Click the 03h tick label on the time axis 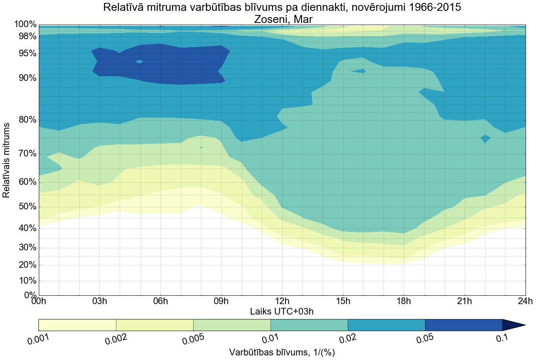click(99, 302)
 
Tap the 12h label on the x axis click(282, 302)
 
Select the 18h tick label click(403, 302)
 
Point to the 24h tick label click(525, 302)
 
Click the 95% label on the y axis click(26, 54)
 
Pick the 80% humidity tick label click(26, 120)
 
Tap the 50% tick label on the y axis click(26, 207)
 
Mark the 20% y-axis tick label click(26, 265)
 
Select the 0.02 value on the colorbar click(347, 340)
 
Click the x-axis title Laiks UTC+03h click(282, 311)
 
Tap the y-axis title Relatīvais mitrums click(7, 160)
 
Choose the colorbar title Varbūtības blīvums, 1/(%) click(282, 352)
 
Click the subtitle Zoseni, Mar click(282, 19)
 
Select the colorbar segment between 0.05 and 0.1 click(463, 325)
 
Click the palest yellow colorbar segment click(77, 325)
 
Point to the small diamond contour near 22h click(485, 138)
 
